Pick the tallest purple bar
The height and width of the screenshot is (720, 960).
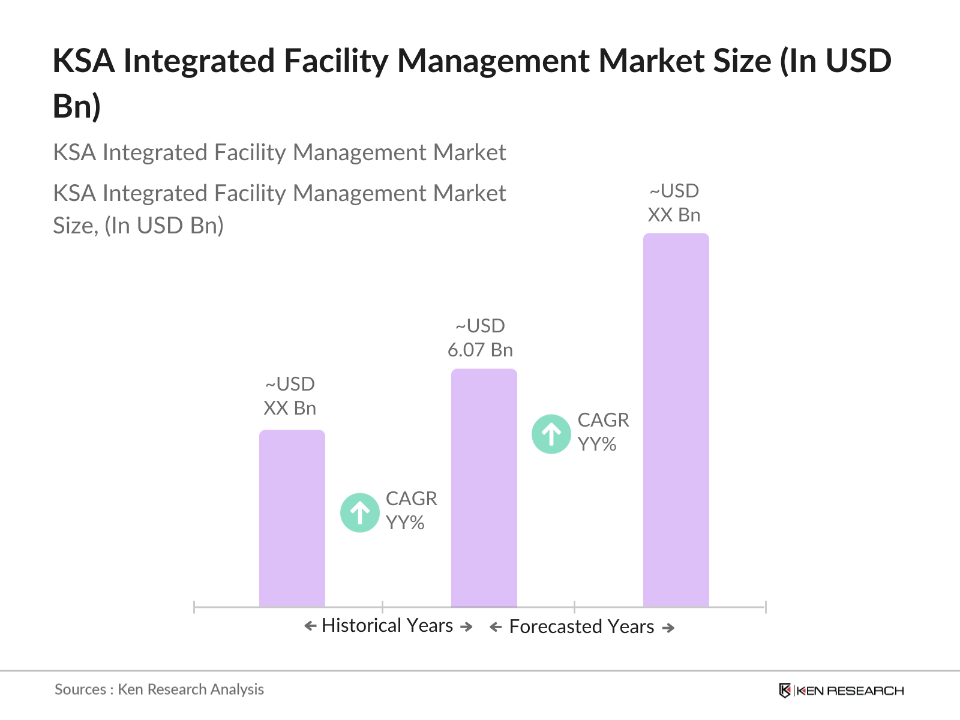coord(676,420)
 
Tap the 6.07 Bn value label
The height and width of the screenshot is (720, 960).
coord(480,350)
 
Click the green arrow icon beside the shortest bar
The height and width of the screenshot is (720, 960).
coord(359,512)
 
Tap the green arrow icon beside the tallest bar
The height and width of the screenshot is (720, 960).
coord(551,434)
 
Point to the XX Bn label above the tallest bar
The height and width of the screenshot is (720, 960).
coord(674,215)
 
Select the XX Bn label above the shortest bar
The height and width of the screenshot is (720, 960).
coord(290,408)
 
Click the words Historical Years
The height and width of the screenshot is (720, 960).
coord(387,626)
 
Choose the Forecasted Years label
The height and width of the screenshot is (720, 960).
coord(581,627)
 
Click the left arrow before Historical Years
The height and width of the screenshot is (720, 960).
coord(310,626)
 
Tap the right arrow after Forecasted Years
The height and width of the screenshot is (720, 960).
coord(668,628)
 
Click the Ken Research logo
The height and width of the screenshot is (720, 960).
coord(841,691)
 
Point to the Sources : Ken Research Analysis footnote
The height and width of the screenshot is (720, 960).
coord(159,689)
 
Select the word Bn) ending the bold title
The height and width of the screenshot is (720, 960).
coord(77,106)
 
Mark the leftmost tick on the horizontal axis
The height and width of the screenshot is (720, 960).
coord(194,607)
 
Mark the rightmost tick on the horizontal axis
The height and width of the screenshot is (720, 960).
coord(766,607)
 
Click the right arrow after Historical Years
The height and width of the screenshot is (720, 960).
coord(466,627)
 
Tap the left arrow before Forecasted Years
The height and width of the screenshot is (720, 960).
coord(496,628)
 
